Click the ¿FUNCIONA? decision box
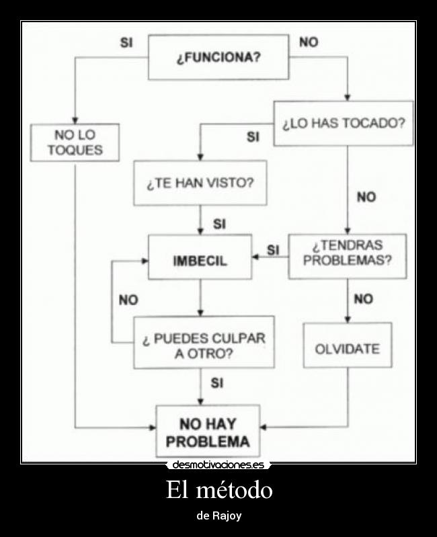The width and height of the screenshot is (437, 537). (218, 57)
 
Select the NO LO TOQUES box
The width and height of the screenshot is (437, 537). (75, 142)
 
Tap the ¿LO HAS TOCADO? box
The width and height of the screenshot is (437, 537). (343, 124)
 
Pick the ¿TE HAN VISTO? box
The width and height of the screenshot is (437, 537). (200, 183)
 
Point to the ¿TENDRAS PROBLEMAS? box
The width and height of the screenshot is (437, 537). (347, 256)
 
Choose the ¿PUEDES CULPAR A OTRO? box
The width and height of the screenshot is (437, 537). (204, 342)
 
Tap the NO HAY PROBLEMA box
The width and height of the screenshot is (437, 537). (208, 431)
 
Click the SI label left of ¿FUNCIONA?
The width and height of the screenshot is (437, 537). (126, 42)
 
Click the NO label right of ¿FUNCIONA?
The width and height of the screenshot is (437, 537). (309, 42)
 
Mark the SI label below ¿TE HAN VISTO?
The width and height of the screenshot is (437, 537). (219, 224)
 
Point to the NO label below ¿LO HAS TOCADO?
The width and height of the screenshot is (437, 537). (366, 197)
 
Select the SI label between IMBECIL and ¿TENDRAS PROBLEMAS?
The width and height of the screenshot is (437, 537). (272, 249)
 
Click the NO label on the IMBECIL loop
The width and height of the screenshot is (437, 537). (128, 300)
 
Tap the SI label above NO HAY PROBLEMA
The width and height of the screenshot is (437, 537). (217, 383)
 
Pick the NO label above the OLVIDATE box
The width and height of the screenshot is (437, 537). (363, 300)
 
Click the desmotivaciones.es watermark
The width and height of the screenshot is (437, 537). (218, 464)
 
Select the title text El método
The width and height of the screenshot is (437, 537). (218, 490)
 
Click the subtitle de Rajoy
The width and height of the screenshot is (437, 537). (218, 516)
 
